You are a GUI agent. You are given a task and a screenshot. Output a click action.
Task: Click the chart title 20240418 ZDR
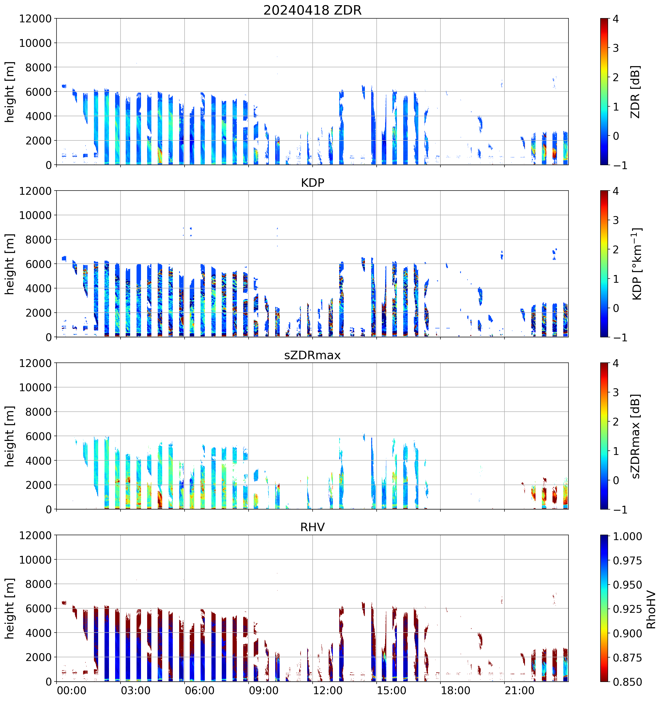point(312,10)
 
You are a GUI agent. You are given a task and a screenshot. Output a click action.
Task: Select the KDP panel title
point(312,183)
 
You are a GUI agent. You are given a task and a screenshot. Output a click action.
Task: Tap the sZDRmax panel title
point(312,355)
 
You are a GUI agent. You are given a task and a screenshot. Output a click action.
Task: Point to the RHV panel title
point(312,527)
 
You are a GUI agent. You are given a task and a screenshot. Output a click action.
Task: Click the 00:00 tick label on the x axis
point(72,690)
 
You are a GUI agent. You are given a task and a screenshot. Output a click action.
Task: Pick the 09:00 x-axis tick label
point(264,690)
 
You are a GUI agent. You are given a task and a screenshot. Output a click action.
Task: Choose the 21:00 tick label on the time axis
point(520,690)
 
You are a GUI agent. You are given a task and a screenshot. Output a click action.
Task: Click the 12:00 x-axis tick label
point(327,690)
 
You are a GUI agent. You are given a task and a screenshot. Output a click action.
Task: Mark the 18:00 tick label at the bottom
point(455,690)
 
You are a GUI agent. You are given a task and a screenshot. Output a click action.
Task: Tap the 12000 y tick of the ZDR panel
point(35,19)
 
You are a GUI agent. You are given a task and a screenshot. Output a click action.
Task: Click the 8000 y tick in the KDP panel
point(38,240)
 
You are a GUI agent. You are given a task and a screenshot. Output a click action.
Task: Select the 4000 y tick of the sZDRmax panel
point(38,461)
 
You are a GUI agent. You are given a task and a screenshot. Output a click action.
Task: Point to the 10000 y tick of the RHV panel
point(35,560)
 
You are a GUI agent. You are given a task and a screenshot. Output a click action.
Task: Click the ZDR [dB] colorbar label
point(635,92)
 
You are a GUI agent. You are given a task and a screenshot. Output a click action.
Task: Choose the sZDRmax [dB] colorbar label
point(635,436)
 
